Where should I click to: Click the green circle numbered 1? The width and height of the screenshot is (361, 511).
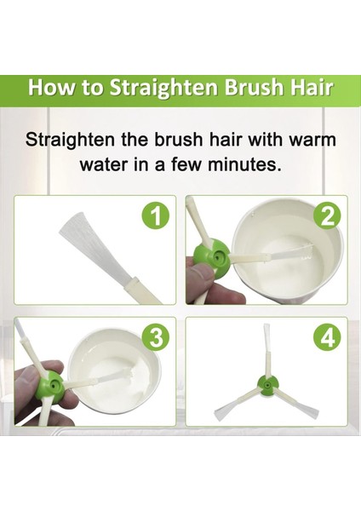[x=157, y=216]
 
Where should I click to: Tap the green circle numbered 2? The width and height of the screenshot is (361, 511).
[x=328, y=216]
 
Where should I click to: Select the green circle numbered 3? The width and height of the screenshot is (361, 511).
[x=157, y=339]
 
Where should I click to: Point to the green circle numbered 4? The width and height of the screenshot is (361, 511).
[x=328, y=339]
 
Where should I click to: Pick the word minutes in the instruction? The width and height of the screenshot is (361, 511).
[x=244, y=164]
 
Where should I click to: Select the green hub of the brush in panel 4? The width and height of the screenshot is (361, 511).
[x=267, y=386]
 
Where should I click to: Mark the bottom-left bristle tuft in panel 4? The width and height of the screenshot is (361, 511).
[x=225, y=411]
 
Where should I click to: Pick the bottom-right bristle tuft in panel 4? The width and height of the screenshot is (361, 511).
[x=307, y=412]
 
